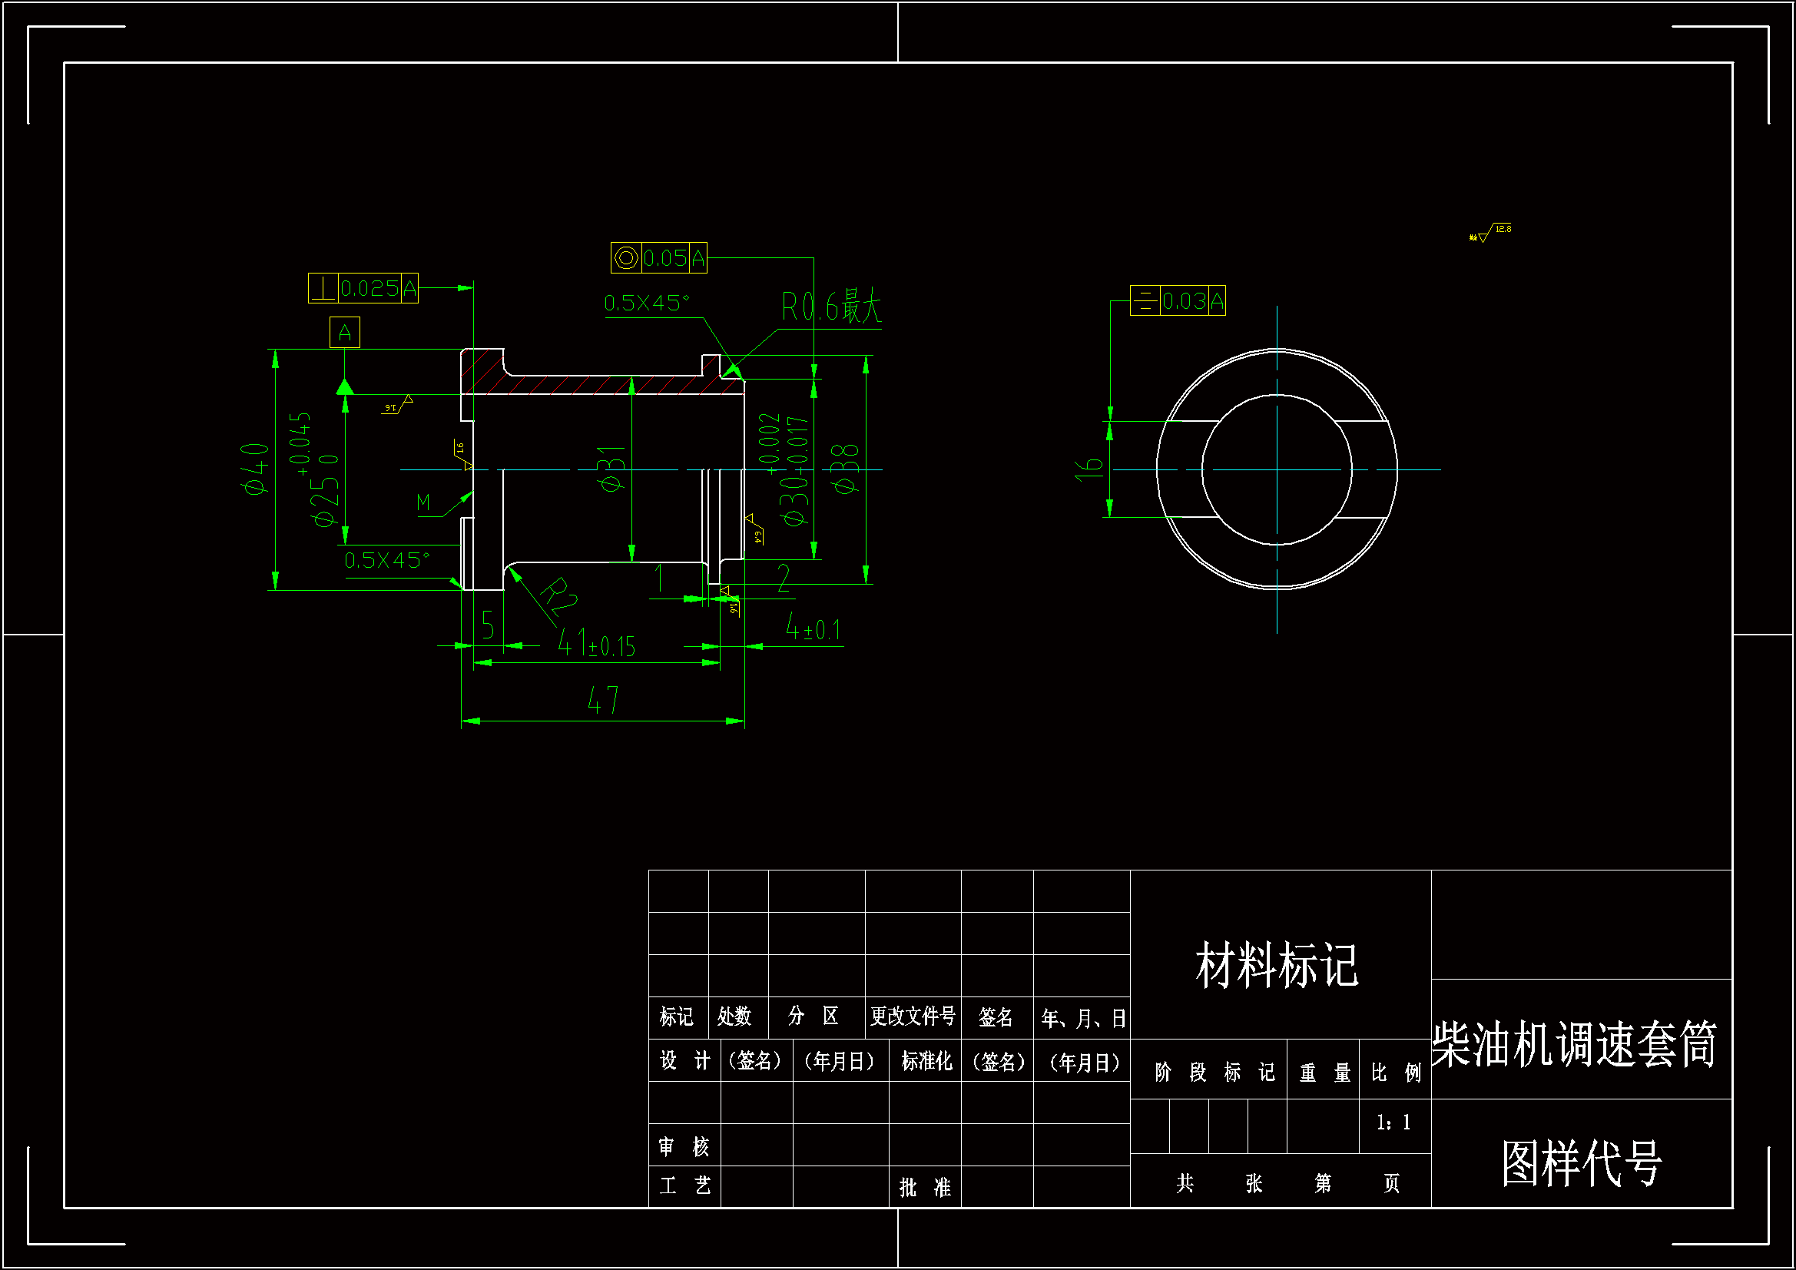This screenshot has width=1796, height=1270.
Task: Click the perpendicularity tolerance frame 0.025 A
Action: pos(363,288)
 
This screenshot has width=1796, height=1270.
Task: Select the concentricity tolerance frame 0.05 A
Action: pos(658,257)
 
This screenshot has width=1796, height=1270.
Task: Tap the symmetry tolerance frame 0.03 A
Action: pos(1178,300)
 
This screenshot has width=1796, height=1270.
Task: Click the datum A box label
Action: pos(344,333)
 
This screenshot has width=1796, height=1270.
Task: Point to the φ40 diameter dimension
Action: pos(256,468)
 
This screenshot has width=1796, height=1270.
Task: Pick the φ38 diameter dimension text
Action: pos(847,469)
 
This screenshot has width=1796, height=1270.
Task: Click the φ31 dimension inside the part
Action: pos(611,469)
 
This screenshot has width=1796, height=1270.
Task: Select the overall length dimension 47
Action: pos(603,701)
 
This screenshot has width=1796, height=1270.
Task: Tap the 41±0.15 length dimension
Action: pos(596,644)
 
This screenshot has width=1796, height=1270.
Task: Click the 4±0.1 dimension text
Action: pos(813,628)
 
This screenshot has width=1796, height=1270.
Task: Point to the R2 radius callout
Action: pos(558,598)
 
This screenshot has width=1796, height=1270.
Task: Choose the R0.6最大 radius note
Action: pos(830,307)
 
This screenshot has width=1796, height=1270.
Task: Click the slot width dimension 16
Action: pos(1089,469)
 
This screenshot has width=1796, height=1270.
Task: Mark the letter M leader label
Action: pos(423,502)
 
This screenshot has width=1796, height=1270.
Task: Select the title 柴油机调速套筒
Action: pos(1574,1044)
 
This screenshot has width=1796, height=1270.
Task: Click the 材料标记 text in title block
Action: pos(1277,965)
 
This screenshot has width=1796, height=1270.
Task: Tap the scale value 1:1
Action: pos(1393,1123)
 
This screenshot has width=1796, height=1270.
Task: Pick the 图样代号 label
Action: pos(1581,1162)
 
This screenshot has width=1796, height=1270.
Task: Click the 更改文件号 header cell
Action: pos(912,1016)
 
